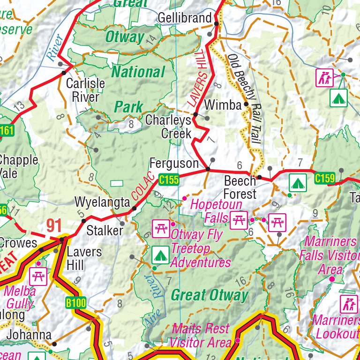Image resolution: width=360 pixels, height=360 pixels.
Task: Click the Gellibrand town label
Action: click(x=185, y=18)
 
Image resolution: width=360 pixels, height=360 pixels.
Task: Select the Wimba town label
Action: click(x=223, y=105)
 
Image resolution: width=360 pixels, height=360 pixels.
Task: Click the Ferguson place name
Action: click(x=174, y=163)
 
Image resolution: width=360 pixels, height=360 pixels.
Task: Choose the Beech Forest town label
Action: click(x=240, y=187)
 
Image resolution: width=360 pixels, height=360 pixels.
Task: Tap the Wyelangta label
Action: click(x=102, y=202)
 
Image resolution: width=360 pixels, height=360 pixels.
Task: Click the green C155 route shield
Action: click(x=169, y=179)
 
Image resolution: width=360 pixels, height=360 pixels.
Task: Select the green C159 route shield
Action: click(x=324, y=179)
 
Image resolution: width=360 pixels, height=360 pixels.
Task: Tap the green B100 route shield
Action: click(x=75, y=303)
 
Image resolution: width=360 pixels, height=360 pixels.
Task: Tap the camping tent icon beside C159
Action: click(x=297, y=181)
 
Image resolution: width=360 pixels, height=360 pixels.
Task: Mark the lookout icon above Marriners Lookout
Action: click(x=348, y=304)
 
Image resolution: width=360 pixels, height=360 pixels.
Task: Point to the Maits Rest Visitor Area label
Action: click(x=201, y=335)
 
